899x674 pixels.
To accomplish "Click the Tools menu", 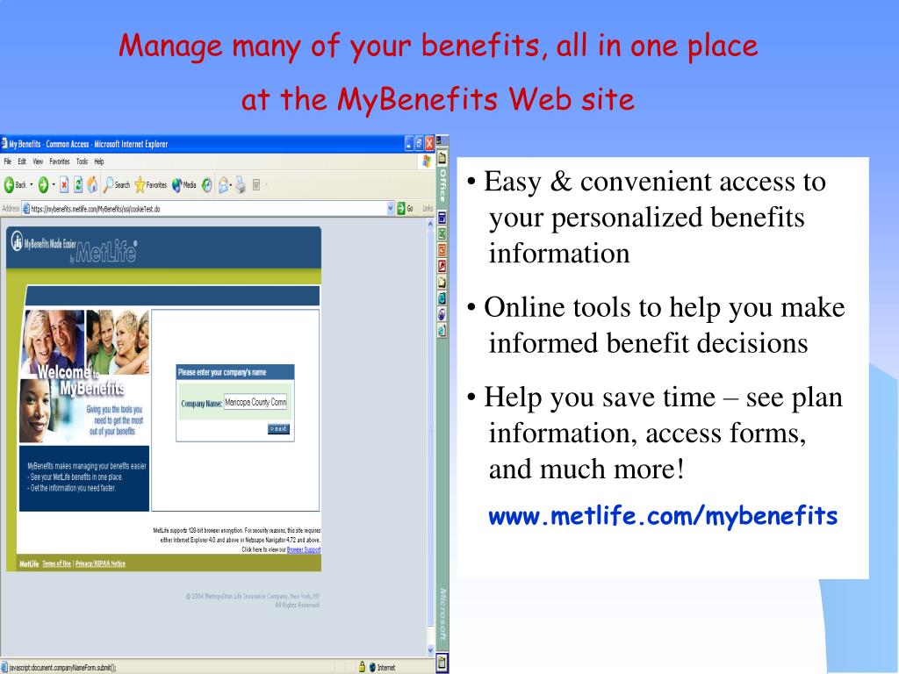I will (x=82, y=161).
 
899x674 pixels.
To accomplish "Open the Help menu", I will (x=98, y=161).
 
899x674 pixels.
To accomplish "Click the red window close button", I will (x=429, y=144).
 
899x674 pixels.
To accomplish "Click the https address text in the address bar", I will (x=96, y=209).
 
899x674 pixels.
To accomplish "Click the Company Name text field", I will (x=255, y=403).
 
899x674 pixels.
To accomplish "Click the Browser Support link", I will (x=303, y=549).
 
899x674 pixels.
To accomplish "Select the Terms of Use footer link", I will (x=57, y=563).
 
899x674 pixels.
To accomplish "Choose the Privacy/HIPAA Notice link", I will (x=100, y=563).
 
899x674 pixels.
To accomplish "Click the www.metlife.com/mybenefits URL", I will (x=663, y=516).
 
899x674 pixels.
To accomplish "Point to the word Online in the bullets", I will (x=523, y=308).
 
